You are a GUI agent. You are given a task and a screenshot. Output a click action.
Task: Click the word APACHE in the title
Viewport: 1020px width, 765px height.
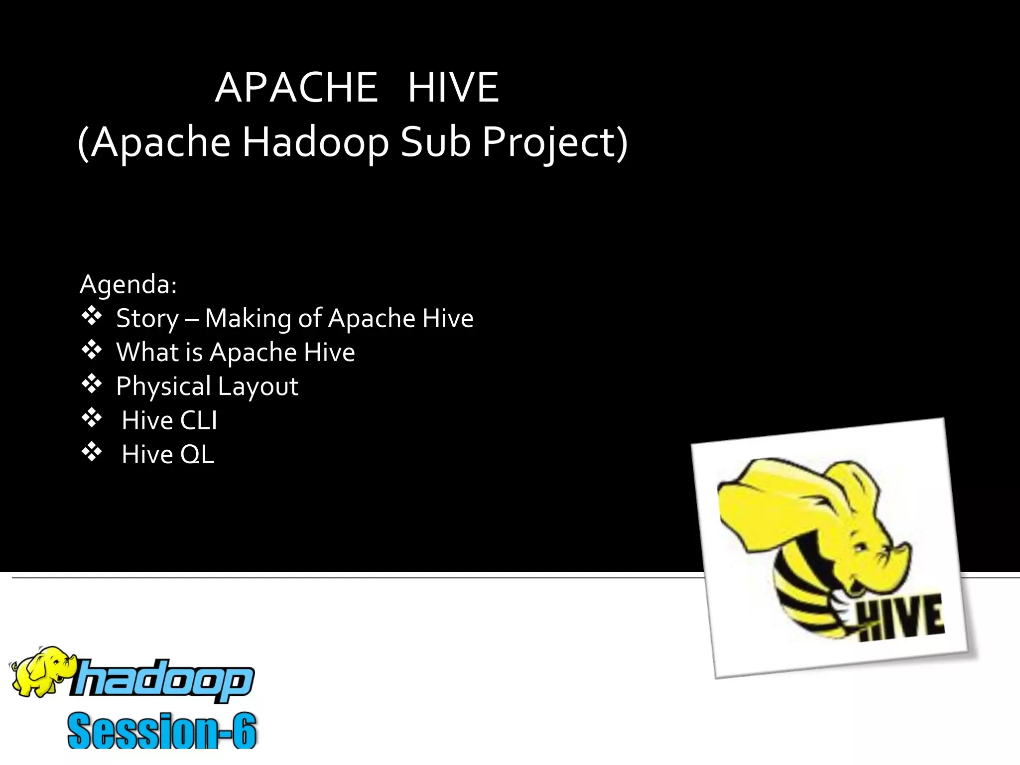(x=296, y=88)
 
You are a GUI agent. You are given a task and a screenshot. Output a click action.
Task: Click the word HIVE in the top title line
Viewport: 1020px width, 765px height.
(x=453, y=88)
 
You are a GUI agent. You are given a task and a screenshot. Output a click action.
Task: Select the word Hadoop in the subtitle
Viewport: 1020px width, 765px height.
(x=315, y=142)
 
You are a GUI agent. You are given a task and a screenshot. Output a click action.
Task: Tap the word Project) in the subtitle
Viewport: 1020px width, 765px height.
(x=555, y=142)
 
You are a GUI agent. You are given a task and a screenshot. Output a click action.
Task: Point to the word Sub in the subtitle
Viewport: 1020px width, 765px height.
(x=435, y=142)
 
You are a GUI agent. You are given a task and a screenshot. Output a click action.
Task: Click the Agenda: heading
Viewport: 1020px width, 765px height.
(x=128, y=284)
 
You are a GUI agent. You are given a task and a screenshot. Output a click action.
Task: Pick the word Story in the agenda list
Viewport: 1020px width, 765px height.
(x=147, y=319)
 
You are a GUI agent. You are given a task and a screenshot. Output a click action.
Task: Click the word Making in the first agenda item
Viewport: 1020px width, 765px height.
(x=248, y=319)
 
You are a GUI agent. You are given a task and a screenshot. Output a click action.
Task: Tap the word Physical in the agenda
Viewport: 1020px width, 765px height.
(x=163, y=386)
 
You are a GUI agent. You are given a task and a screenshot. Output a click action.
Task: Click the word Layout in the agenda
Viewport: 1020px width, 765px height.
(x=258, y=386)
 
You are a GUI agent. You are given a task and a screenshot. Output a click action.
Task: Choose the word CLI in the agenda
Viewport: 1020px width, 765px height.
(x=198, y=420)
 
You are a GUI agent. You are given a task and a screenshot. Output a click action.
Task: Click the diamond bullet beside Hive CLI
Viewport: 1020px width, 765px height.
(x=92, y=418)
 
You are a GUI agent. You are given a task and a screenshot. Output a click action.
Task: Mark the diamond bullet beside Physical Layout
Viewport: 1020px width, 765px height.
(x=92, y=384)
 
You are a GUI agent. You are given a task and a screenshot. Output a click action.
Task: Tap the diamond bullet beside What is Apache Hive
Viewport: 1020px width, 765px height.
(x=92, y=350)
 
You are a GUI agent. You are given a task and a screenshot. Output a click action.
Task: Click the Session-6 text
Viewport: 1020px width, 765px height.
(x=162, y=731)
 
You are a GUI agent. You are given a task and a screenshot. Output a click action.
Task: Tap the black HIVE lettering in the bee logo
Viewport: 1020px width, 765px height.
(x=901, y=618)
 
